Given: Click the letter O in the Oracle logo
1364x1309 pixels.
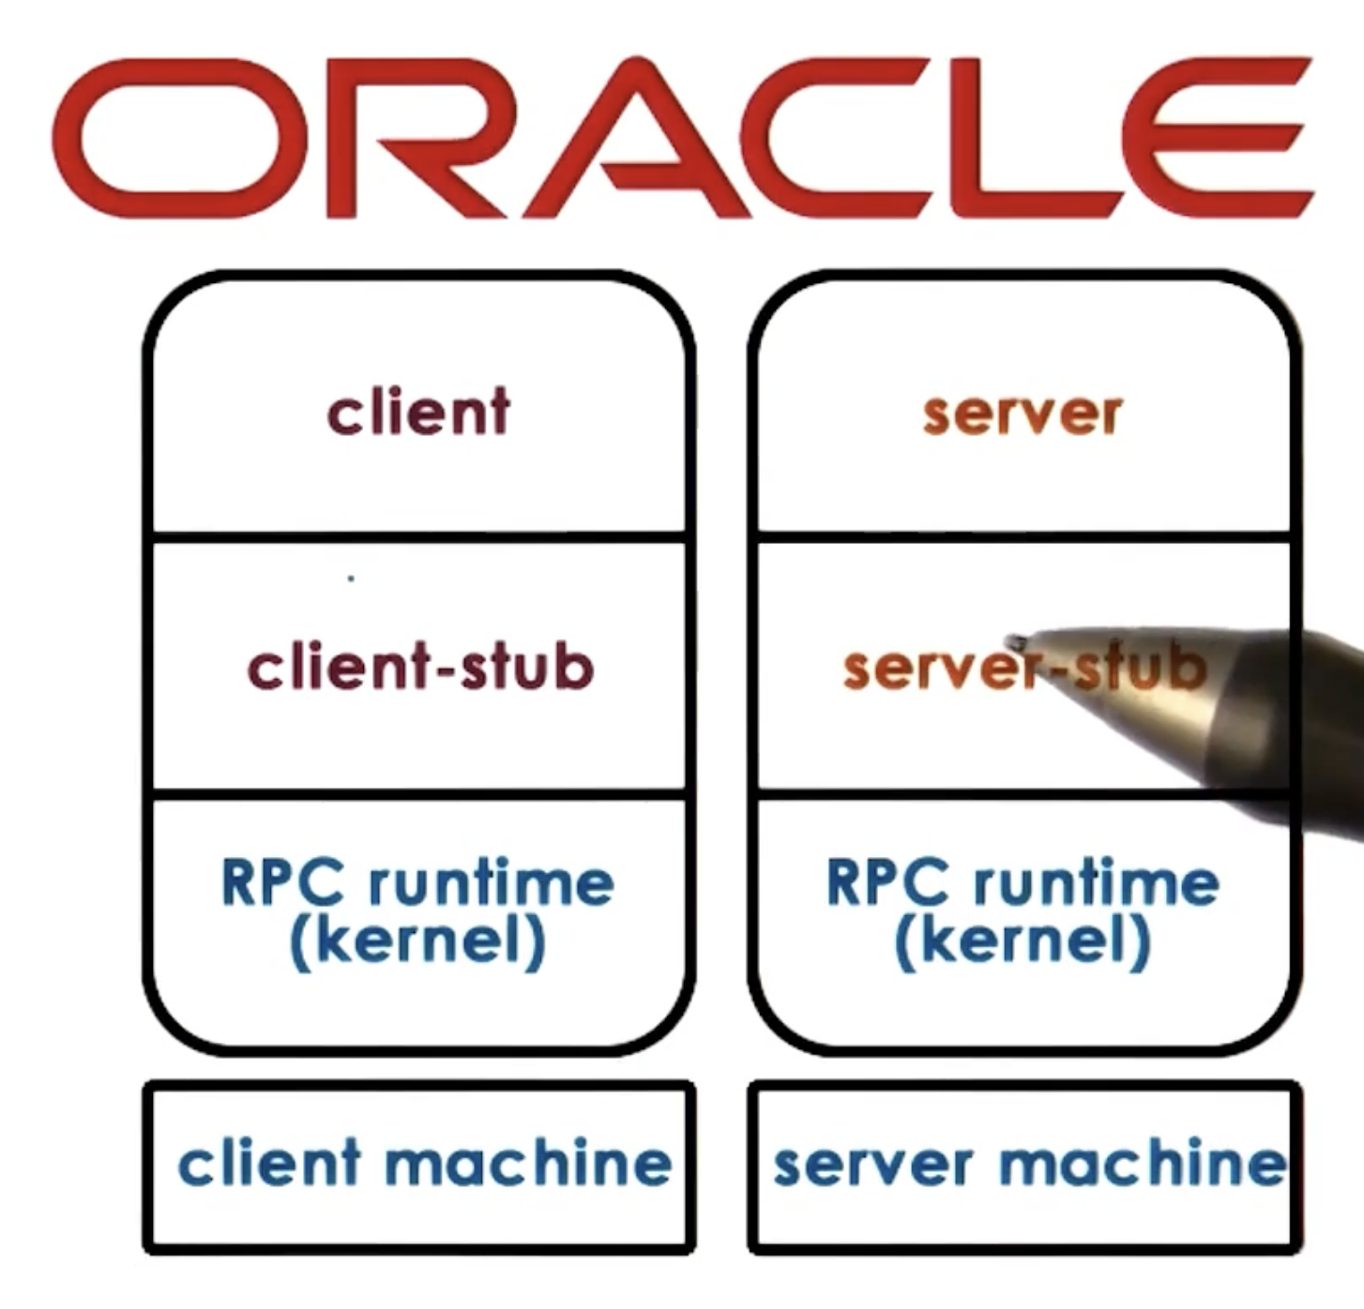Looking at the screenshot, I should [x=178, y=139].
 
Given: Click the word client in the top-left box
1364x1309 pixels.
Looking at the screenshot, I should [x=418, y=413].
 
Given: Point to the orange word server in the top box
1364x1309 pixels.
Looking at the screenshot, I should [x=1023, y=414].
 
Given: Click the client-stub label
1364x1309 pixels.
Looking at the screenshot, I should [x=420, y=667].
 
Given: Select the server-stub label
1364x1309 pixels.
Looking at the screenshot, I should [x=1023, y=669].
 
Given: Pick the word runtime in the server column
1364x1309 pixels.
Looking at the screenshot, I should [x=1096, y=882].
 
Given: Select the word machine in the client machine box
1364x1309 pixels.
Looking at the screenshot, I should [x=528, y=1163].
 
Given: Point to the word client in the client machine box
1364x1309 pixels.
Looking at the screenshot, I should [x=269, y=1163].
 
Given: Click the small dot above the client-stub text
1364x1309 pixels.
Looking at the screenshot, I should [x=351, y=579].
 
